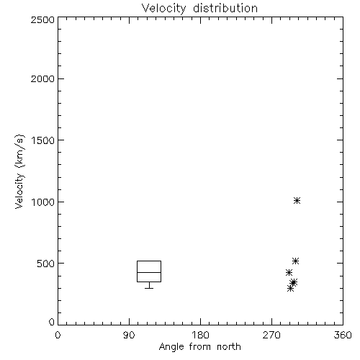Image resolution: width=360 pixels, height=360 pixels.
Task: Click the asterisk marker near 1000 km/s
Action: click(x=297, y=200)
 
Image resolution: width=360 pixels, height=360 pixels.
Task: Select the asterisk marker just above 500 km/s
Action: click(x=295, y=261)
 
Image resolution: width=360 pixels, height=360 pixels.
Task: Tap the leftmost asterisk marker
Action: click(x=289, y=272)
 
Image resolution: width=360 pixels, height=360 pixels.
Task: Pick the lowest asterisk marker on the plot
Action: click(x=290, y=288)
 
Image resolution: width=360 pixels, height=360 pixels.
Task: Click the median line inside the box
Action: click(x=149, y=272)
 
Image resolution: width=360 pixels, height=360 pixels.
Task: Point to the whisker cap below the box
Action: click(x=149, y=288)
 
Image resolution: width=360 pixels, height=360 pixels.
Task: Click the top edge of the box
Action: click(x=149, y=261)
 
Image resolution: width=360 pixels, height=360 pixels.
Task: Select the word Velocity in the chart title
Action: click(x=163, y=9)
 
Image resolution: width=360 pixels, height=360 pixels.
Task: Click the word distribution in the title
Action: click(x=225, y=8)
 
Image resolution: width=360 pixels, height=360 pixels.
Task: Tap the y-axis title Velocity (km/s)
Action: click(x=19, y=171)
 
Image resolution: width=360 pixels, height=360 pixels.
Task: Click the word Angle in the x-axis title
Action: click(x=171, y=347)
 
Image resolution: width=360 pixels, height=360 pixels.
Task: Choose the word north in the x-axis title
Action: click(x=229, y=346)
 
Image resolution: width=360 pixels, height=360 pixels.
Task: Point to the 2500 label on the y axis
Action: click(x=42, y=19)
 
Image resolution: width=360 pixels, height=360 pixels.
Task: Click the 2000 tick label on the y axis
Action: click(x=42, y=78)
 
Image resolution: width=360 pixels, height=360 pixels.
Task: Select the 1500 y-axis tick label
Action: click(x=43, y=140)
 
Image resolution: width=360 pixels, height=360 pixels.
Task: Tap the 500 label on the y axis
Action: click(x=46, y=264)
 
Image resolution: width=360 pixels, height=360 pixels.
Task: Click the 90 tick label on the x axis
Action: click(x=129, y=335)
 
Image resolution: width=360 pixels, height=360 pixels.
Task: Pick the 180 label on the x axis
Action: click(x=200, y=335)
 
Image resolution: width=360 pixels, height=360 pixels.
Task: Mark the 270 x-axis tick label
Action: click(x=271, y=335)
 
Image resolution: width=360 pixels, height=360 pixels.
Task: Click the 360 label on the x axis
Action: click(x=343, y=335)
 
